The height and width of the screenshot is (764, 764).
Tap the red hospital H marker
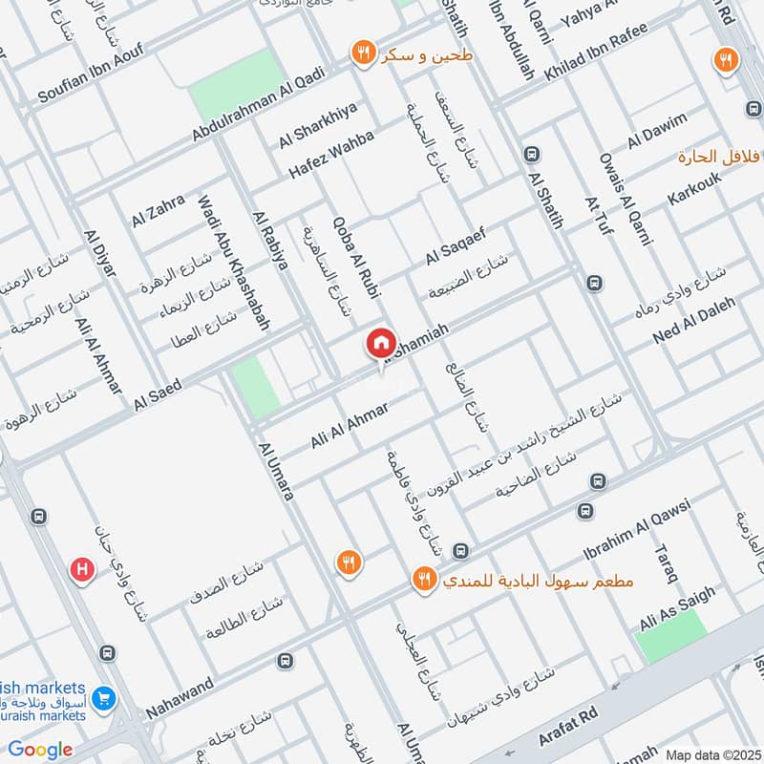point(83,570)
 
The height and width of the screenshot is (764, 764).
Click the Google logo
point(40,750)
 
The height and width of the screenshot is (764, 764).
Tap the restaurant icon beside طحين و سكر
point(362,53)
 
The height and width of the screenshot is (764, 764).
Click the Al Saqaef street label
point(456,244)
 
